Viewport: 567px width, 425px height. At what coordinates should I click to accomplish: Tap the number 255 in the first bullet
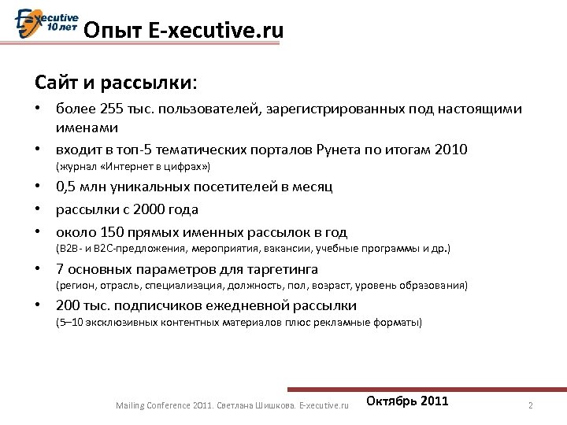click(x=113, y=109)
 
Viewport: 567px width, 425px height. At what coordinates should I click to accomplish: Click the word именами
click(x=87, y=127)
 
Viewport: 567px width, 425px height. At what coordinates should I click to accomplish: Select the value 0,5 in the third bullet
click(x=66, y=187)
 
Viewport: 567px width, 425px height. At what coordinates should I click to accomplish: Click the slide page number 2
click(x=531, y=405)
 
